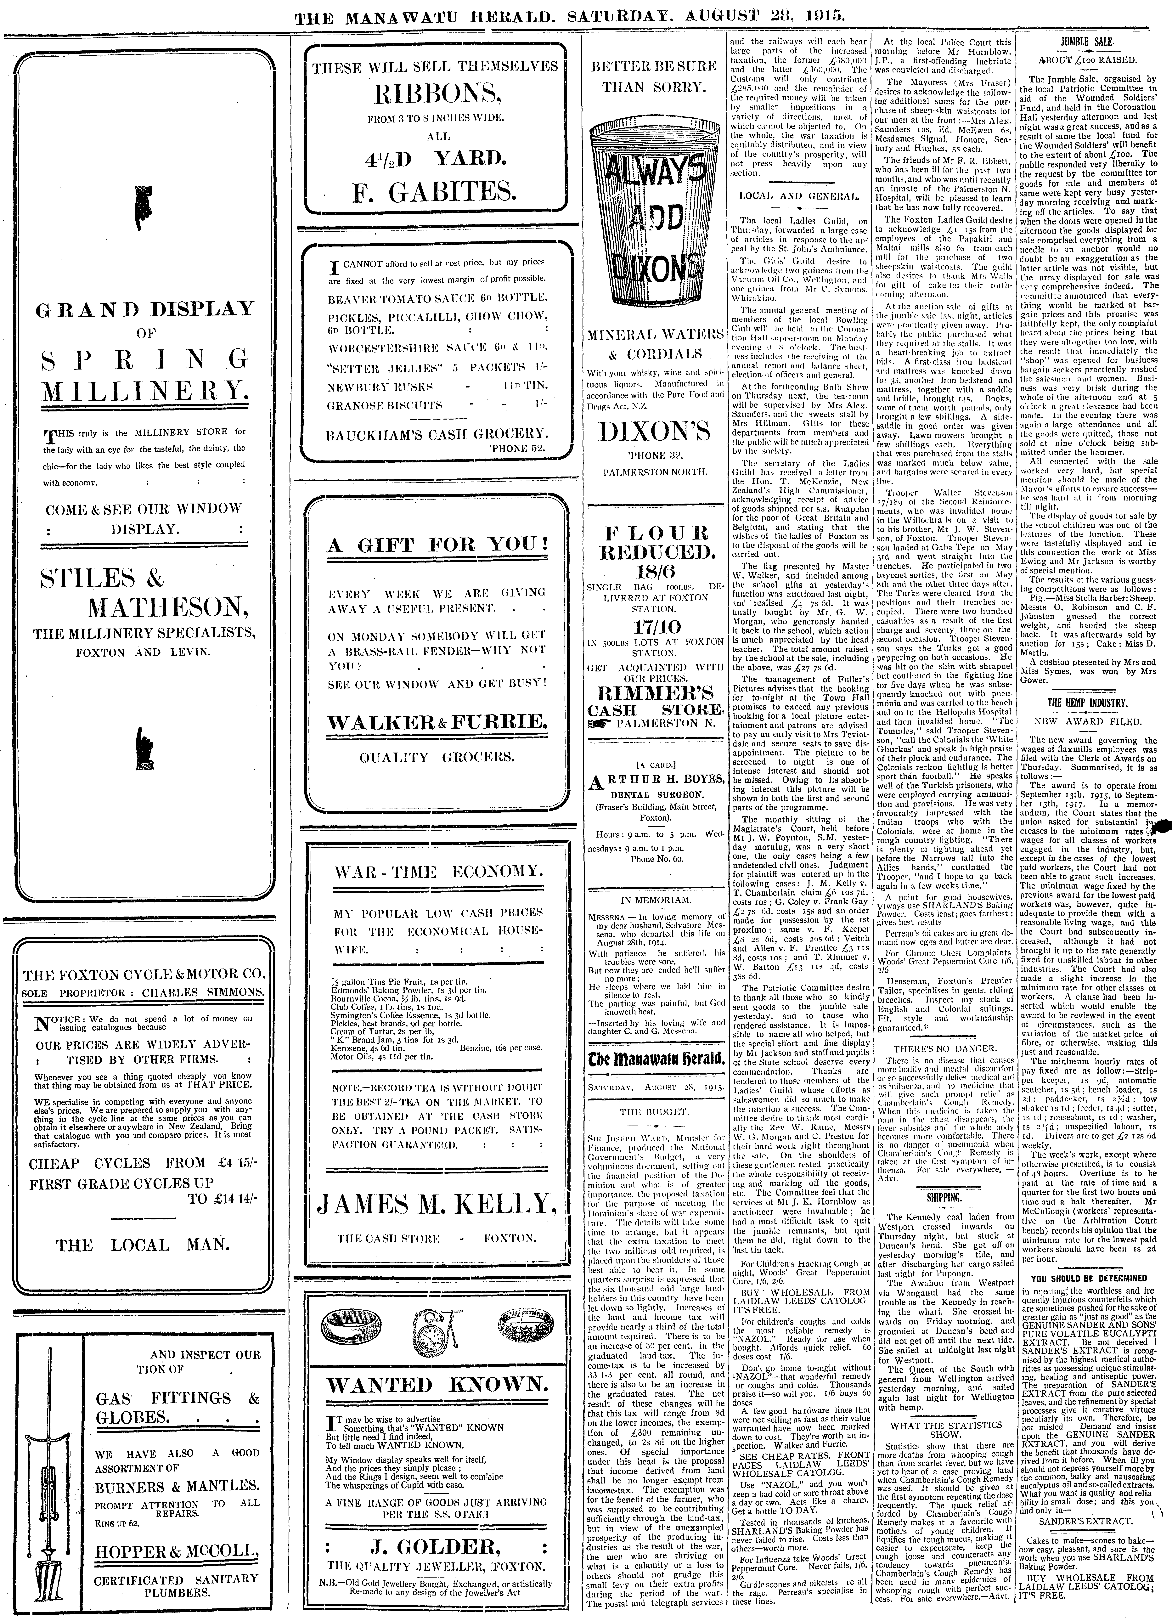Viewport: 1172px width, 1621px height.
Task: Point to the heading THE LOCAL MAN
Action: tap(144, 1245)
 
